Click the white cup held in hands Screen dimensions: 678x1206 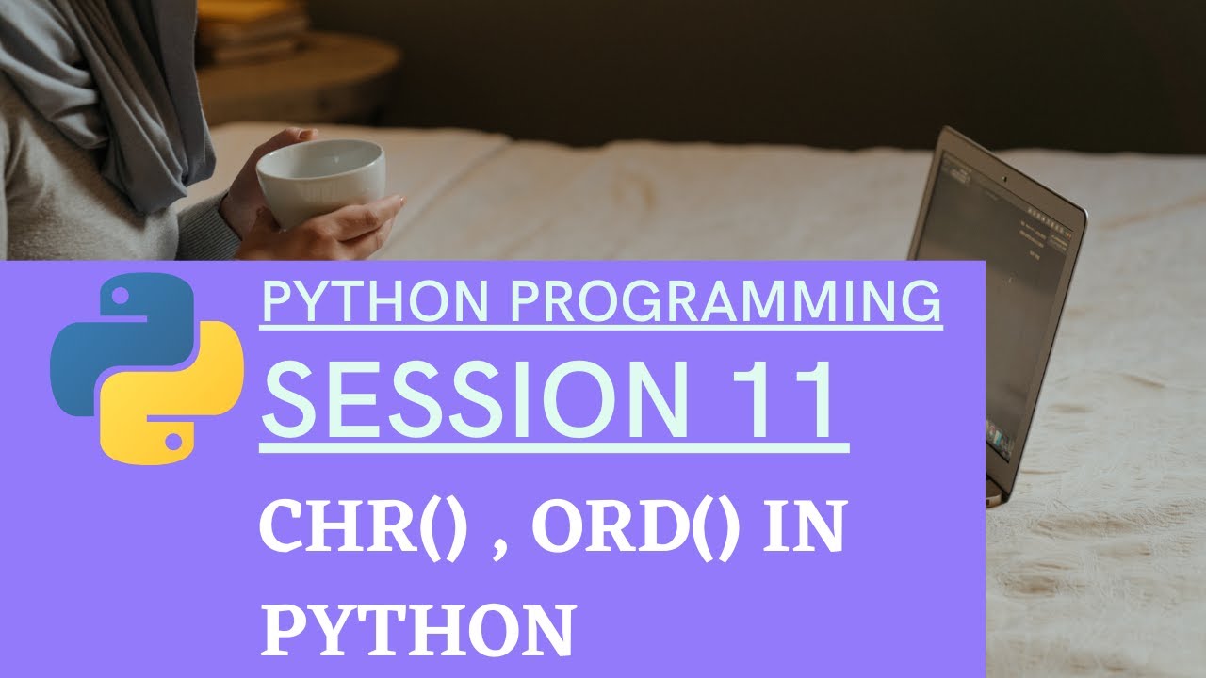point(320,184)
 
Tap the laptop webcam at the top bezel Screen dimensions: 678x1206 point(1004,178)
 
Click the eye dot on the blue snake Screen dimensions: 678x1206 point(121,298)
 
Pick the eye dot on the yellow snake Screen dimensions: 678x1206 point(172,439)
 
